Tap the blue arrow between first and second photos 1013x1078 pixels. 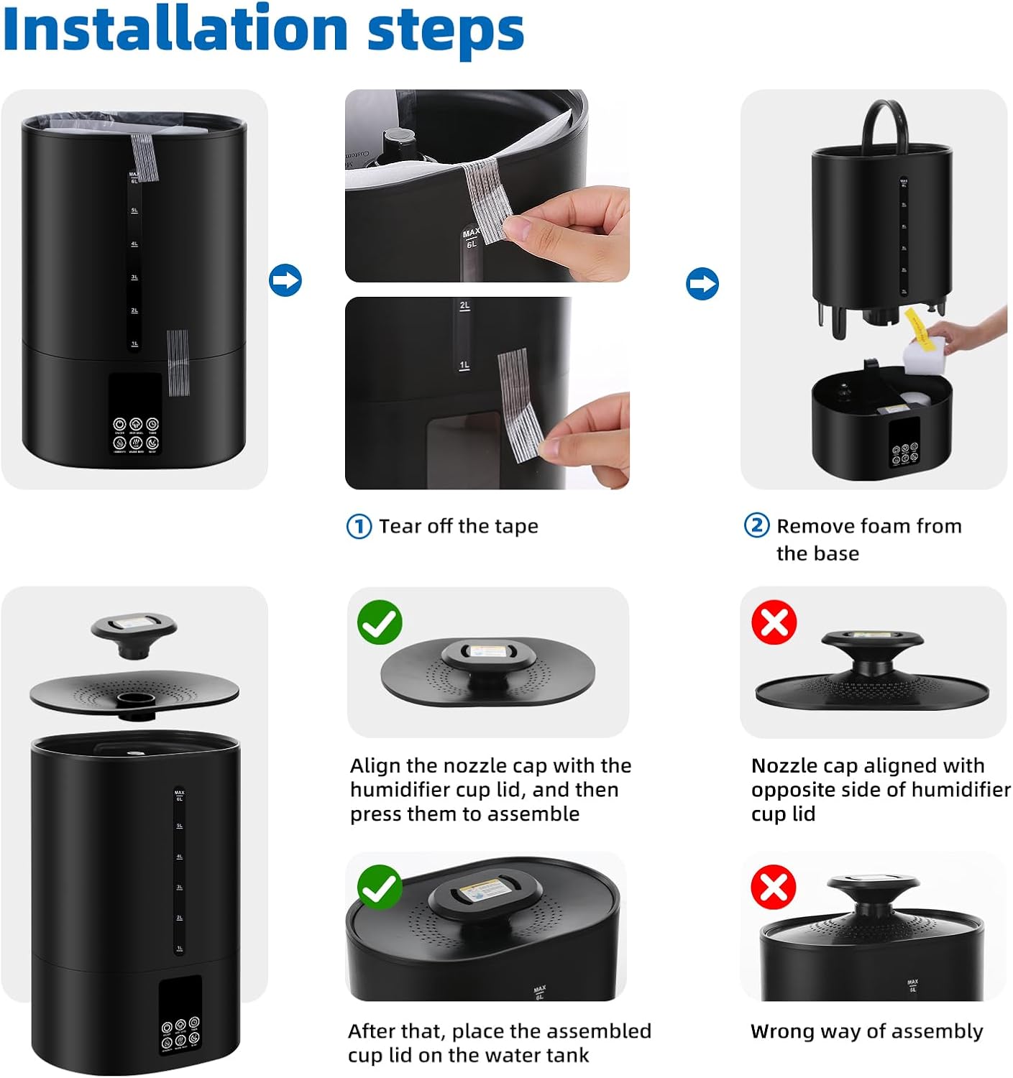285,280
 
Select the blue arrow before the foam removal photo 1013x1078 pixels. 702,284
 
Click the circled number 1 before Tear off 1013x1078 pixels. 359,527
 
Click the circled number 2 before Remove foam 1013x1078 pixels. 756,526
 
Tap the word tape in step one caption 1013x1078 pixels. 516,527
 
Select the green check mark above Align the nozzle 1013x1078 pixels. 380,622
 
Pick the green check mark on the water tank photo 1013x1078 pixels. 380,888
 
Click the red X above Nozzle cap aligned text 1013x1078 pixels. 774,622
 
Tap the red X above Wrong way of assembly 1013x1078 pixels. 774,888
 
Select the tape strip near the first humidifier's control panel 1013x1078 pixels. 177,363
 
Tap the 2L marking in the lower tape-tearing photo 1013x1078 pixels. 465,306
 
